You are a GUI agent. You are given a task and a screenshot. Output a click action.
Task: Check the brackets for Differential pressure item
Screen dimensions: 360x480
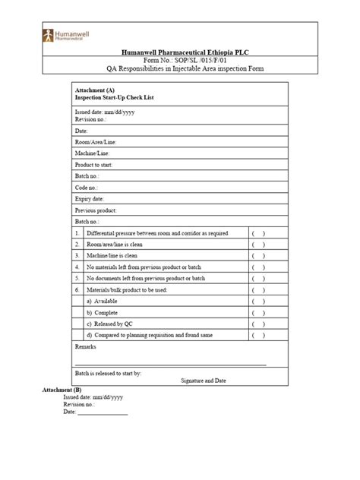(x=259, y=233)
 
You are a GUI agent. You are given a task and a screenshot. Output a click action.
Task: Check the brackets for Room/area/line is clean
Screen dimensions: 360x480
(x=259, y=245)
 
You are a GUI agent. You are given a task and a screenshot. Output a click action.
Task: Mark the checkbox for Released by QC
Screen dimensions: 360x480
(x=259, y=324)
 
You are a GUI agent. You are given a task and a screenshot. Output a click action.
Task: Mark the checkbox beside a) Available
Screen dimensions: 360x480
(x=259, y=301)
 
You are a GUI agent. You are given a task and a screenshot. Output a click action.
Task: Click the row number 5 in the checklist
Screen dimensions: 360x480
(x=77, y=278)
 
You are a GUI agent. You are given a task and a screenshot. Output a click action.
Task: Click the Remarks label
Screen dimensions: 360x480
(x=87, y=346)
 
